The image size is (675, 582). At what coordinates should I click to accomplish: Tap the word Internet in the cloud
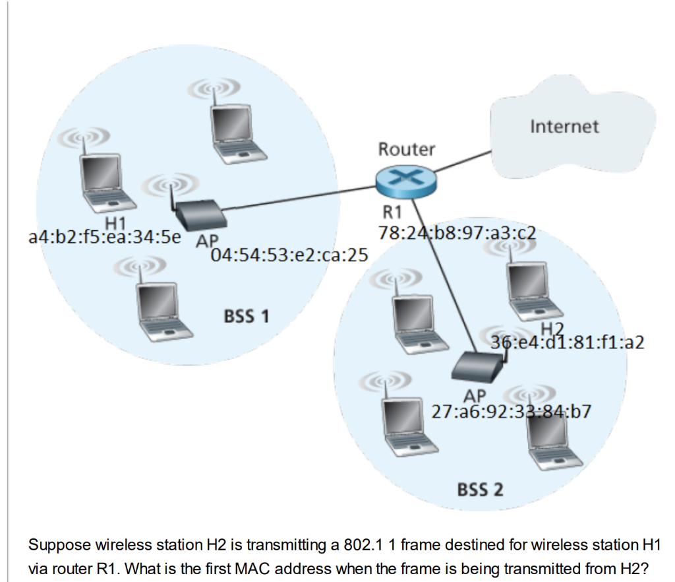(564, 126)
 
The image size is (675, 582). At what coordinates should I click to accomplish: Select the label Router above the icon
(407, 149)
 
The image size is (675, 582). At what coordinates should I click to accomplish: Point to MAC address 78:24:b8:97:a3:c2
(457, 232)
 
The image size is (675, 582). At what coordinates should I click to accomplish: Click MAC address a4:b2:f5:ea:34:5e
(105, 237)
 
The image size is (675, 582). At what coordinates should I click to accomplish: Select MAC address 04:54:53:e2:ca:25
(288, 255)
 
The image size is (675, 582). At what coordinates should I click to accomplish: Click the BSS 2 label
(480, 489)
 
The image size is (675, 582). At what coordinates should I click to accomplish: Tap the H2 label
(553, 329)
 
